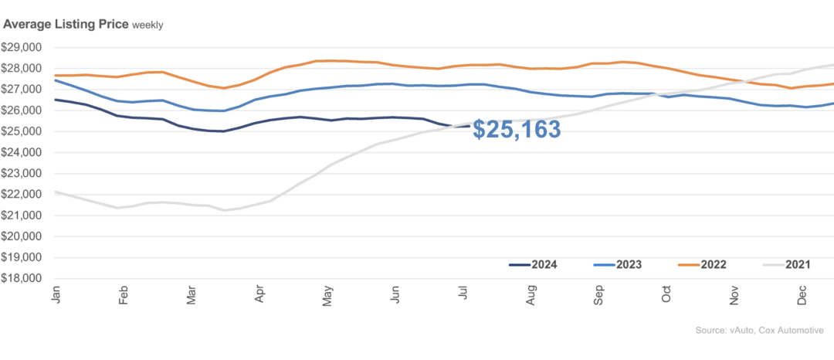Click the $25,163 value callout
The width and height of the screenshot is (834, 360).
pos(517,129)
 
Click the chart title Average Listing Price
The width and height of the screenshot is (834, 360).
pos(66,24)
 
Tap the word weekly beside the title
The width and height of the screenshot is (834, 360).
pos(147,25)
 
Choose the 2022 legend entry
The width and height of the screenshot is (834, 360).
pos(709,265)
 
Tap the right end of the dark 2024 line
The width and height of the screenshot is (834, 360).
pos(471,125)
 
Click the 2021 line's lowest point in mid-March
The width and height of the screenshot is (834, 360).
pos(225,210)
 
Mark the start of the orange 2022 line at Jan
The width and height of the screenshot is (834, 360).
pos(56,75)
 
